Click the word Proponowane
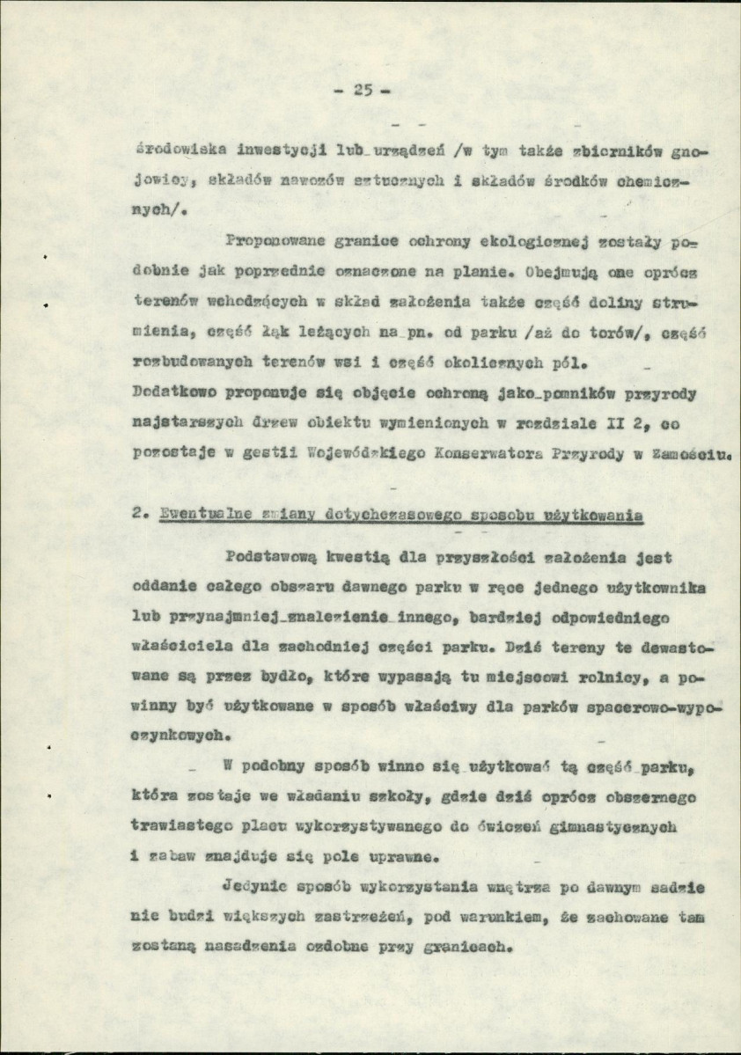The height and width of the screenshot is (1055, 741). tap(269, 240)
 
